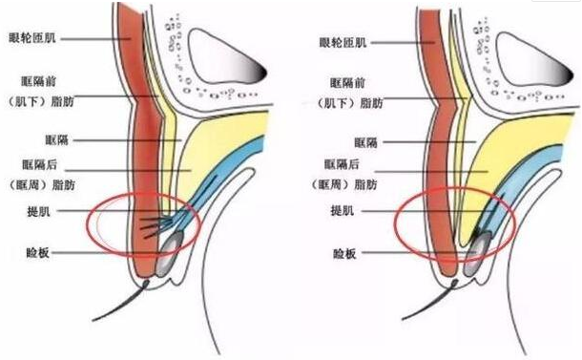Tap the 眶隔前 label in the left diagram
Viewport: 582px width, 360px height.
point(42,81)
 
